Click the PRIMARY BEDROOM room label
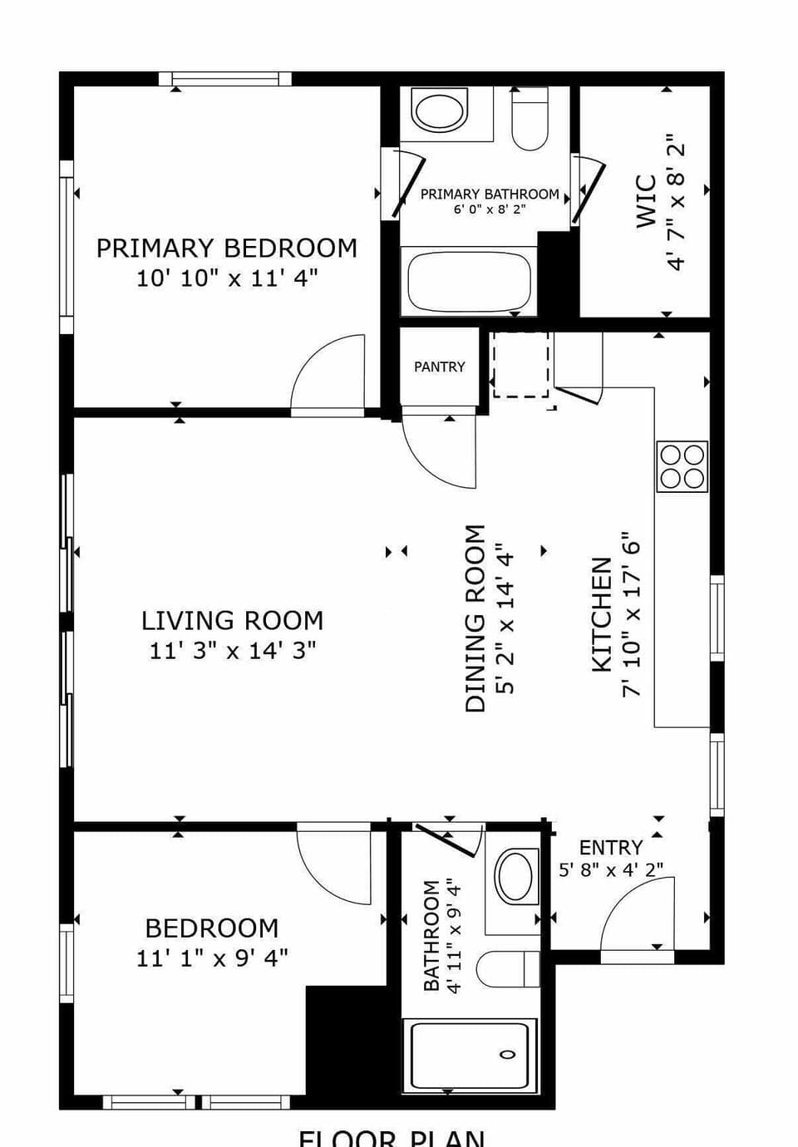coord(226,249)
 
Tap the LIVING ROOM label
coord(232,621)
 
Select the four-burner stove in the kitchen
coord(682,466)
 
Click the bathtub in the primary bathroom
coord(469,281)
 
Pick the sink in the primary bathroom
coord(441,111)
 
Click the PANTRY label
coord(440,367)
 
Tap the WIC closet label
coord(647,201)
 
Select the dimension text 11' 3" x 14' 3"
coord(233,650)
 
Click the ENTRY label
coord(611,848)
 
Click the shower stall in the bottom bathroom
coord(470,1056)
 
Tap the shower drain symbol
coord(507,1054)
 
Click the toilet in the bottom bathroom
coord(507,968)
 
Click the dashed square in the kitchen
coord(520,364)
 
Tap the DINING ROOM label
coord(475,618)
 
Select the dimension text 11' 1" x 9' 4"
coord(212,958)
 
